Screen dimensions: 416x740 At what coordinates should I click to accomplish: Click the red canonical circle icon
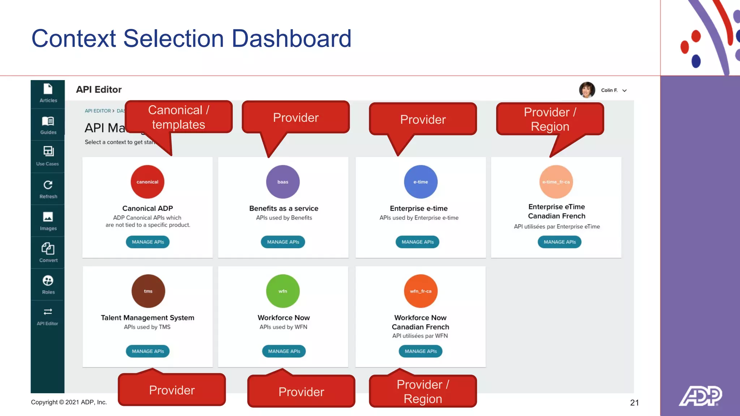point(147,182)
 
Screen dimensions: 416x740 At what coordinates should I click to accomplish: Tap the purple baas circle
point(283,182)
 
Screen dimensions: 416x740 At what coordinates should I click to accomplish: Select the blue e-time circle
point(421,182)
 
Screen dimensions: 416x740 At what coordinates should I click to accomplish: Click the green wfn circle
point(283,291)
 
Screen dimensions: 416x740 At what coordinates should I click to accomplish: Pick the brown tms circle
point(148,291)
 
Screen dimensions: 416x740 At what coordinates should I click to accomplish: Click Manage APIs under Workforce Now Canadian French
point(421,351)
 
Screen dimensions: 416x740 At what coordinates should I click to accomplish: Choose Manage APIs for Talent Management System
point(147,351)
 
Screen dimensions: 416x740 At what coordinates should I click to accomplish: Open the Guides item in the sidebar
point(48,125)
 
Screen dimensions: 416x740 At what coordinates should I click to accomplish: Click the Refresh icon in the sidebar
point(48,185)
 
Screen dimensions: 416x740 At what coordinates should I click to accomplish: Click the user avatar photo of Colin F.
point(587,90)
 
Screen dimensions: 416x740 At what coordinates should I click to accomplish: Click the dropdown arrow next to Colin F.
point(624,91)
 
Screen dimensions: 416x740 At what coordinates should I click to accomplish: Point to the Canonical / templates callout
point(178,117)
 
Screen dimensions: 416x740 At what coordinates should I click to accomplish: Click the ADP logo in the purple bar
point(700,396)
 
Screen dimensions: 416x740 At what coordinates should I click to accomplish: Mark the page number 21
point(634,403)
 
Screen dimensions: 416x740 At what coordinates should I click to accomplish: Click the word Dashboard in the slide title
point(291,38)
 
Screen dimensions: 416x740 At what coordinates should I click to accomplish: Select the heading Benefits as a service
point(284,208)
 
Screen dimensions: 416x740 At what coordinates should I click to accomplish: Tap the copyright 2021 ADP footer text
point(69,402)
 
